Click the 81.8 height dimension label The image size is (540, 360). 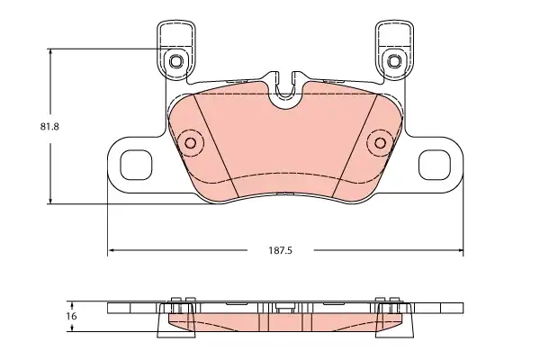tap(49, 127)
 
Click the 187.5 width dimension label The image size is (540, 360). tap(280, 250)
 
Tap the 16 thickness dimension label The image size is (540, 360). tap(71, 316)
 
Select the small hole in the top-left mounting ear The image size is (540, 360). tap(176, 61)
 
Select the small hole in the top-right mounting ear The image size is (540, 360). tap(394, 61)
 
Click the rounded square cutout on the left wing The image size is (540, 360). tap(136, 165)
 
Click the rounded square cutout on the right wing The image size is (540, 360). tap(435, 165)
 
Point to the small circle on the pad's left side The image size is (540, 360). tap(191, 142)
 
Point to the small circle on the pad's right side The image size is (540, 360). tap(380, 142)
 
